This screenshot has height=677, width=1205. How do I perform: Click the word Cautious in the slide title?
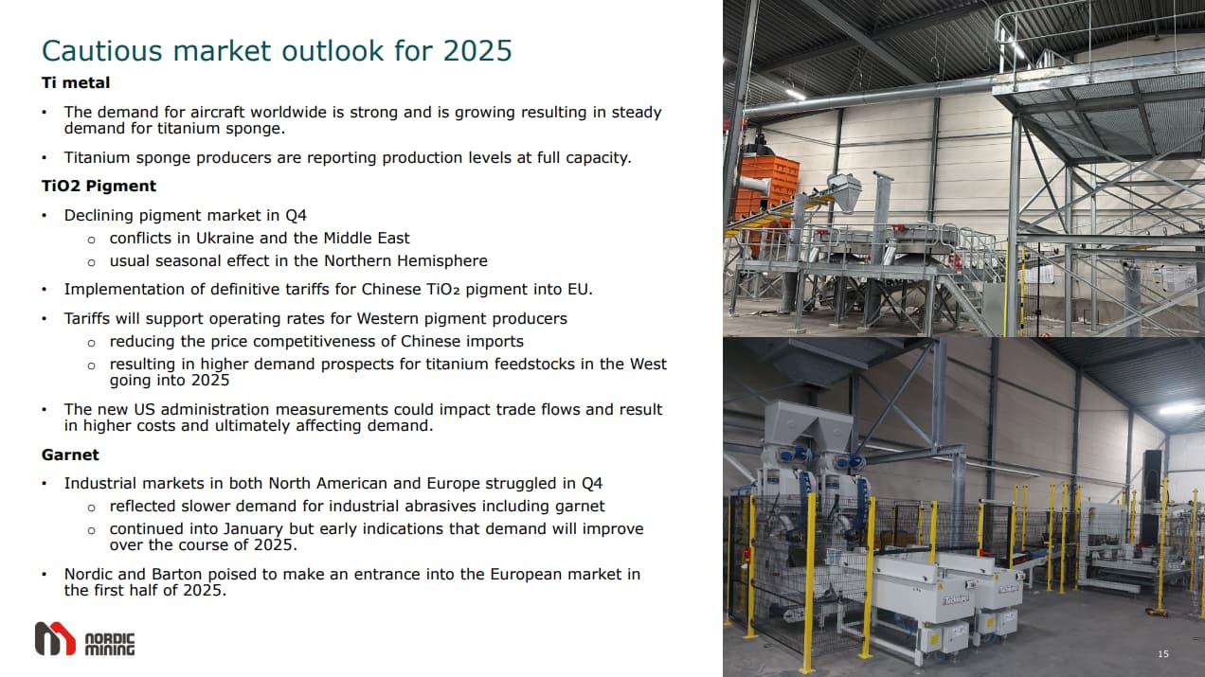(x=102, y=50)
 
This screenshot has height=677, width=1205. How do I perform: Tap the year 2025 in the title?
(x=477, y=50)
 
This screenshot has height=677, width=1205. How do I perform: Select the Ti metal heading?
(x=76, y=82)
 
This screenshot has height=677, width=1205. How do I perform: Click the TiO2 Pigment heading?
(x=99, y=186)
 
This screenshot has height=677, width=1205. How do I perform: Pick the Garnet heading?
(x=70, y=454)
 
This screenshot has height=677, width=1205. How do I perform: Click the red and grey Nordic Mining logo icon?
(x=55, y=638)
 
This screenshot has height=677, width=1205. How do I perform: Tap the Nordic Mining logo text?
(x=110, y=644)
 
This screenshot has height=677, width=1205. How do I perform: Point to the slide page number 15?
(x=1163, y=654)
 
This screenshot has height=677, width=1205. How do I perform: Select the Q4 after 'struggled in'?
(x=592, y=484)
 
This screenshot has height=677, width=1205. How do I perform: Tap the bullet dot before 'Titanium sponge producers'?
(x=45, y=158)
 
